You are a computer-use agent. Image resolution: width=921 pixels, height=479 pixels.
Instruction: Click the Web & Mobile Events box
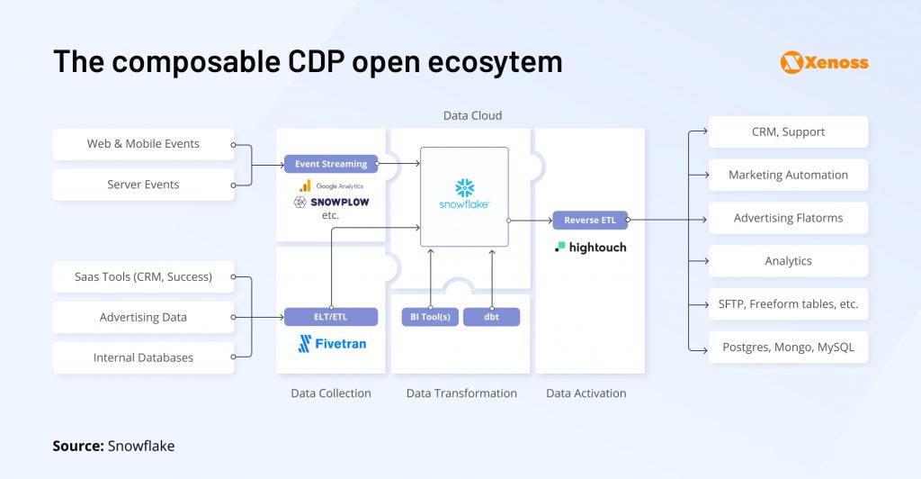point(143,144)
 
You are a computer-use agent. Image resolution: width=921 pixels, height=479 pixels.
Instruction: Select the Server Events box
point(143,185)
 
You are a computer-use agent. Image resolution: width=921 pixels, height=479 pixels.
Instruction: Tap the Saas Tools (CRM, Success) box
point(143,276)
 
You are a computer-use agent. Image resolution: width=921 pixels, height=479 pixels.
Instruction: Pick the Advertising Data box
point(143,317)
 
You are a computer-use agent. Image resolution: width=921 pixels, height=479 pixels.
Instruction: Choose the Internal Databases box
point(143,357)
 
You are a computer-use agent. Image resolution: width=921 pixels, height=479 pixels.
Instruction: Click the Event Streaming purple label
point(331,164)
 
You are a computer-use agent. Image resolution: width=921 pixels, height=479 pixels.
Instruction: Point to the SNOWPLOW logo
point(331,202)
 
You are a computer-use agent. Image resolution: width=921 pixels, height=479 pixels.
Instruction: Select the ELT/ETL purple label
point(331,317)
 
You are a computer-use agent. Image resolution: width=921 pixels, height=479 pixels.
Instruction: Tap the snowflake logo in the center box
point(464,194)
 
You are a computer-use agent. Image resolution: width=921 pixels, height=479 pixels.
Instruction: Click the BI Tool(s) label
point(430,317)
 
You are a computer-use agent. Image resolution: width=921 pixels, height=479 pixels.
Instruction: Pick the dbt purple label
point(491,317)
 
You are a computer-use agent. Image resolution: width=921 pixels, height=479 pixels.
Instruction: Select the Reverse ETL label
point(590,220)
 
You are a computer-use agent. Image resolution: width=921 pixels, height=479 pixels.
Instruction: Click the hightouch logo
point(590,247)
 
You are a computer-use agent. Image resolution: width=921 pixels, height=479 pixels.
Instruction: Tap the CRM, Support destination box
point(788,131)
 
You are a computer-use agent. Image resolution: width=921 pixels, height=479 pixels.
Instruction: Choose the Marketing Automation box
point(788,175)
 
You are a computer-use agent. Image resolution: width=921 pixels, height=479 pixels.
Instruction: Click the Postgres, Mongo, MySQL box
point(788,347)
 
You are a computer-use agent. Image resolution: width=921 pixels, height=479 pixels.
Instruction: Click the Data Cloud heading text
point(472,116)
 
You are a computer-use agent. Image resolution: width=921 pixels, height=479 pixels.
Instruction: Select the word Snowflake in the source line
point(142,446)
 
